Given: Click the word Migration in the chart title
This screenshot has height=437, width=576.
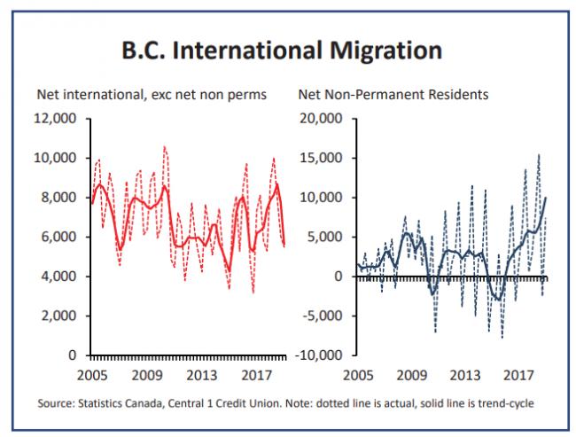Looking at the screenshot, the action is click(386, 51).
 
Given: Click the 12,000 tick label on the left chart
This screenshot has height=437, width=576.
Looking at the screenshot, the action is click(55, 119).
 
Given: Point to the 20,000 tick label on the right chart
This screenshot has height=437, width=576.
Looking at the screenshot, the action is click(321, 119).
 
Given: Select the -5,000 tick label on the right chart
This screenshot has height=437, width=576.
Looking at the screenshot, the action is click(323, 316).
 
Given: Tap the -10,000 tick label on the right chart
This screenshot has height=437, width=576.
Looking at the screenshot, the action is click(319, 355).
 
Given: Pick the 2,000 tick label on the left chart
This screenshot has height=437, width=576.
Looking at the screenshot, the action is click(58, 316).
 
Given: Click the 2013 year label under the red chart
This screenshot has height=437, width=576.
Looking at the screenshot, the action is click(202, 376).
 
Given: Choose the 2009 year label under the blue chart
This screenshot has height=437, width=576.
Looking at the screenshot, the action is click(412, 376).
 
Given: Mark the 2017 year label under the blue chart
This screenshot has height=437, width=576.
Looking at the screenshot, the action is click(518, 376).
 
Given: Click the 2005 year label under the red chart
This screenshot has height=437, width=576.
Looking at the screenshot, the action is click(92, 376).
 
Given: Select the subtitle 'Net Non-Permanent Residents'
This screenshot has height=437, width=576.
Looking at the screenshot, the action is click(393, 95).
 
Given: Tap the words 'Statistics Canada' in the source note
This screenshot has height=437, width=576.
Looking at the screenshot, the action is click(121, 403).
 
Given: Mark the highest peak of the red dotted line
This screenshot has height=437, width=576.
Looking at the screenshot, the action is click(164, 146).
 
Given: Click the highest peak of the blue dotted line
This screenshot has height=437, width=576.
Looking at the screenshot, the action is click(539, 155).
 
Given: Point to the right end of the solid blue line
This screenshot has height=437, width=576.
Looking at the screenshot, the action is click(546, 198).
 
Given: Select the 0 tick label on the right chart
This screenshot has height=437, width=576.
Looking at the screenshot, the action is click(339, 276).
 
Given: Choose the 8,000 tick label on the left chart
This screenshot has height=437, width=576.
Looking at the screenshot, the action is click(58, 198).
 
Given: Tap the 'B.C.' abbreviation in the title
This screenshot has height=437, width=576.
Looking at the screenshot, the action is click(143, 51).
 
